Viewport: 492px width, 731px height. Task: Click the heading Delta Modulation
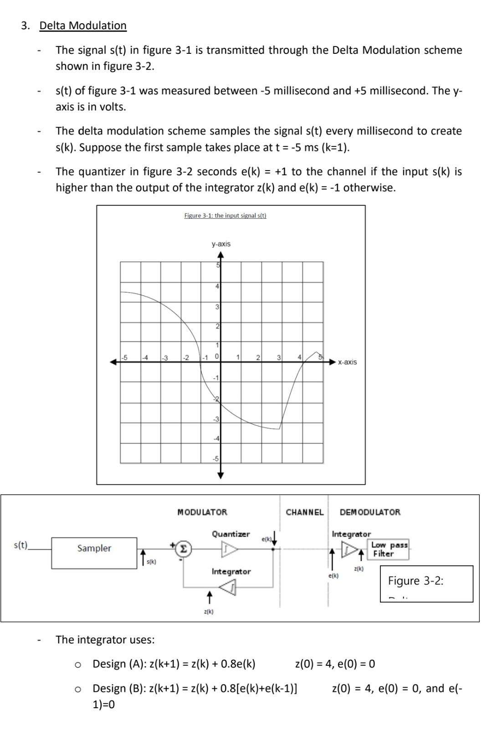(x=83, y=26)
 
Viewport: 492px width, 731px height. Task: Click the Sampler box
(x=94, y=548)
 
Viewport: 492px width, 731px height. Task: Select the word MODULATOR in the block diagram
(x=202, y=512)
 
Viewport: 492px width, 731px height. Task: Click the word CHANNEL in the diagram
(x=304, y=512)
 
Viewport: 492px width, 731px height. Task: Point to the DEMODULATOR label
(x=370, y=512)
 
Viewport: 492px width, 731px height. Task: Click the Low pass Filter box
(x=389, y=549)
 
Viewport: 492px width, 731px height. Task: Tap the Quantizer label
(x=231, y=534)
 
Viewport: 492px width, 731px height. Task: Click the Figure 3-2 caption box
(x=426, y=583)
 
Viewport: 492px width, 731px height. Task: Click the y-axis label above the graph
(x=221, y=244)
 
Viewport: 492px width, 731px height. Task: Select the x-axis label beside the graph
(x=347, y=362)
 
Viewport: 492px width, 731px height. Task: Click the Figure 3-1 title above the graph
(x=225, y=215)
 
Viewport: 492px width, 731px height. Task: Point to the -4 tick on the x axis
(x=144, y=358)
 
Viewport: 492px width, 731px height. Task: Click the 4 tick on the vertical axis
(x=217, y=286)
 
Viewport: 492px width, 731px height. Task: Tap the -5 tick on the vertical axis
(x=216, y=458)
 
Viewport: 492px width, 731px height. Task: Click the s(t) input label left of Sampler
(x=21, y=544)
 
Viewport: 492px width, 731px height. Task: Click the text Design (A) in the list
(x=118, y=664)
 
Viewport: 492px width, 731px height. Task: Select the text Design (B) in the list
(x=118, y=688)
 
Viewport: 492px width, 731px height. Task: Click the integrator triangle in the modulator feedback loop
(x=228, y=588)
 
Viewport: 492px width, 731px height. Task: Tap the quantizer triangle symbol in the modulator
(x=230, y=549)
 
